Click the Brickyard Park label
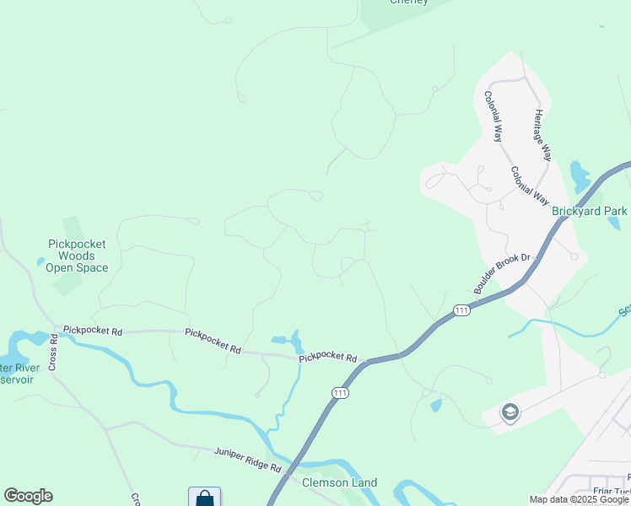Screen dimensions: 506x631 point(590,211)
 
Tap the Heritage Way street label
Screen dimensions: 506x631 point(542,135)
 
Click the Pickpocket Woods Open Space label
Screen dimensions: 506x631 point(77,256)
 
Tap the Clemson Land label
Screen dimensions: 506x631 point(340,483)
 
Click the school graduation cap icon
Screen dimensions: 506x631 point(510,412)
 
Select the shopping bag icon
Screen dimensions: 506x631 point(204,498)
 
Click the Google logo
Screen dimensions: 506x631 point(28,496)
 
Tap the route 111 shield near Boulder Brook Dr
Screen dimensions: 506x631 point(461,310)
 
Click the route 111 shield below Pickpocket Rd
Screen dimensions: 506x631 point(339,393)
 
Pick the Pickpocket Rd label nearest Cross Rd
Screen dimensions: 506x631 point(93,331)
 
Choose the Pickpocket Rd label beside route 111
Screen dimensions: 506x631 point(328,358)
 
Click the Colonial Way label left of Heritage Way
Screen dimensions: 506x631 point(493,116)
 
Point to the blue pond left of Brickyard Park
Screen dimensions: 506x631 point(580,176)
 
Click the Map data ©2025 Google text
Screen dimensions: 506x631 point(580,499)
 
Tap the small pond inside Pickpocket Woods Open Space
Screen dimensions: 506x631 point(40,262)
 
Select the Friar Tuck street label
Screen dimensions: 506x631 point(611,492)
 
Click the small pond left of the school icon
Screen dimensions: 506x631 point(435,406)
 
